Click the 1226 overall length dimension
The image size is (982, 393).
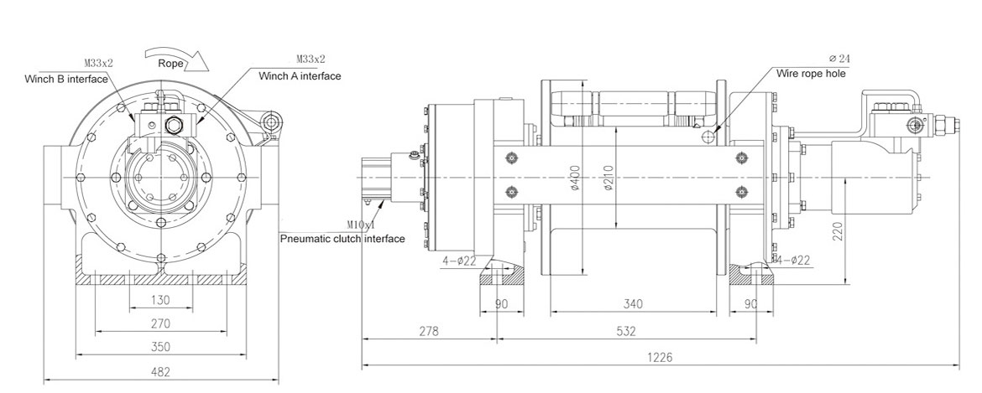click(660, 357)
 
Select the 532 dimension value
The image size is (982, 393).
click(626, 331)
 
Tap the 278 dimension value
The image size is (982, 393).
click(429, 331)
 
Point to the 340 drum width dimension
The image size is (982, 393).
click(633, 304)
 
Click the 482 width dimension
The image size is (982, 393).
click(161, 372)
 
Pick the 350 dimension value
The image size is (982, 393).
click(161, 348)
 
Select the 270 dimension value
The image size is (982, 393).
click(161, 323)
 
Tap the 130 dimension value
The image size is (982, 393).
click(161, 300)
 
